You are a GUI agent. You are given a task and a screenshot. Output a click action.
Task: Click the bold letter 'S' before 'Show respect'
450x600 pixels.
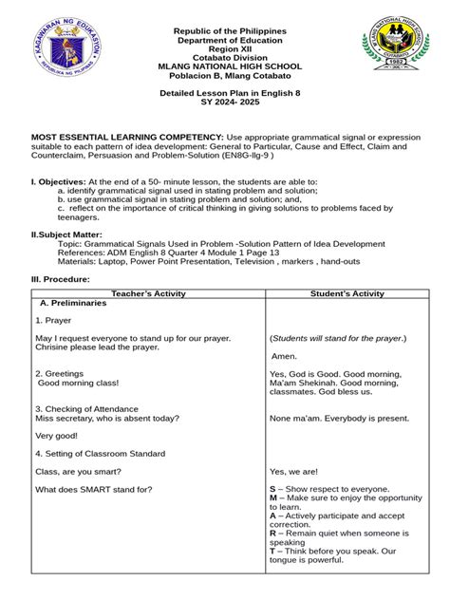[x=272, y=489]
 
